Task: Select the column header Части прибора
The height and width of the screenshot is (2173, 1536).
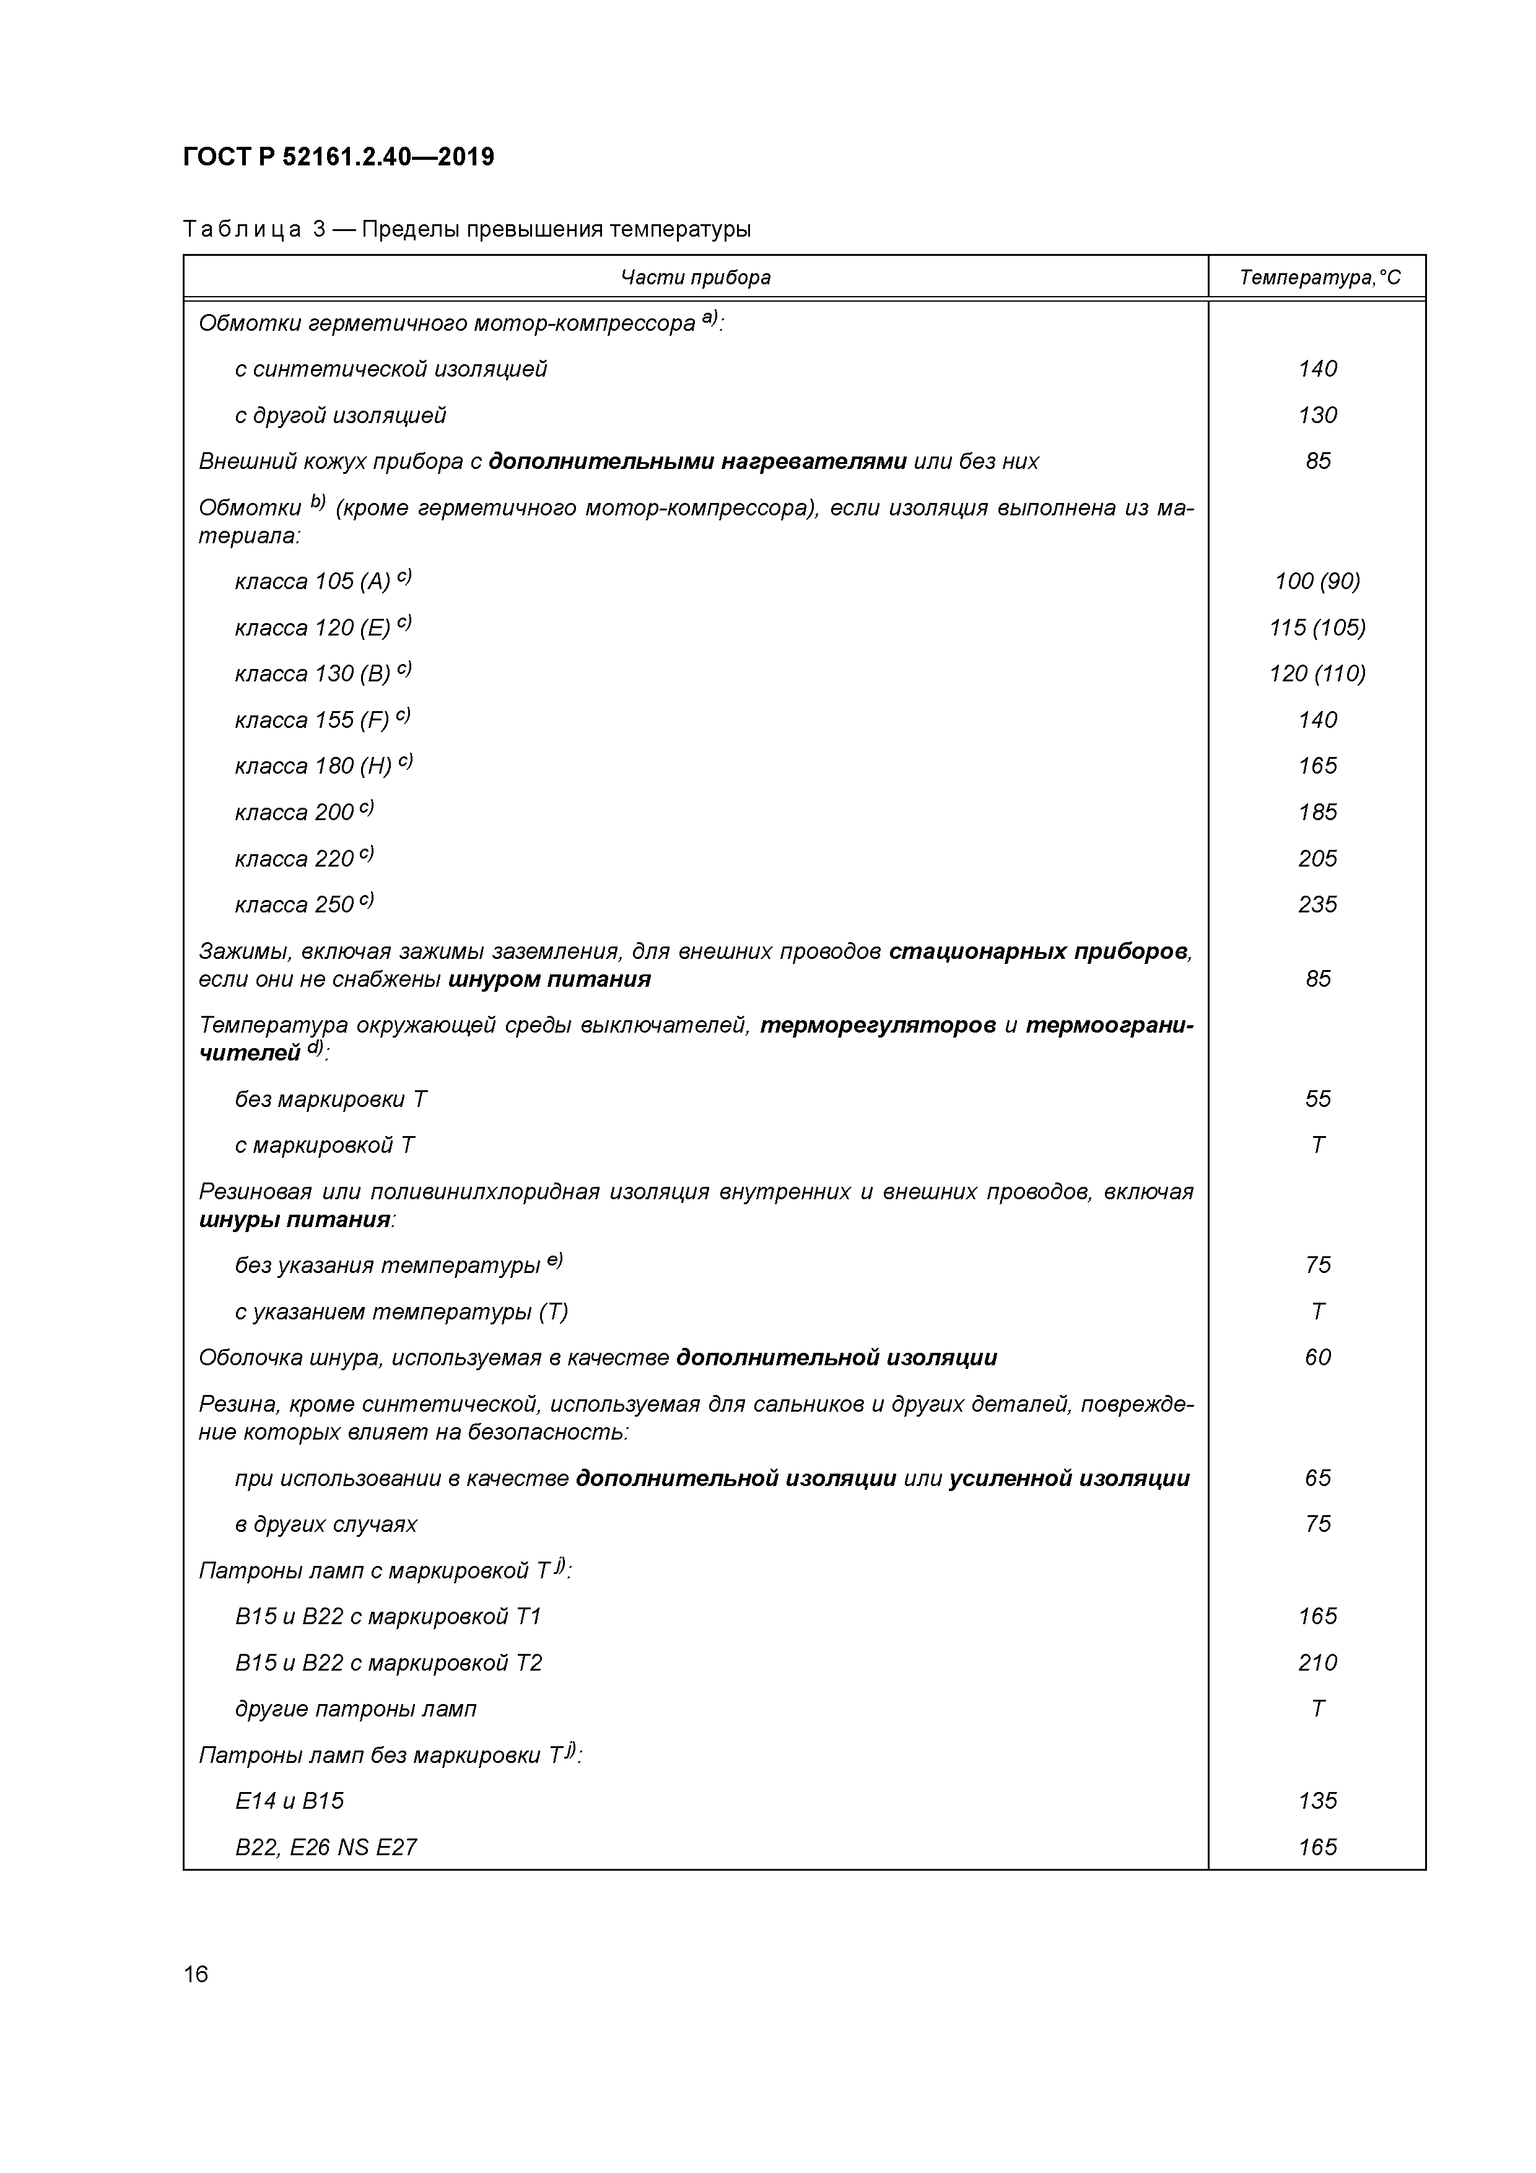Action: [696, 278]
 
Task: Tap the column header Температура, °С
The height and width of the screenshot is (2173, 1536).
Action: [1319, 278]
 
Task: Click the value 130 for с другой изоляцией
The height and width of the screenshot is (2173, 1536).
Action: [1317, 414]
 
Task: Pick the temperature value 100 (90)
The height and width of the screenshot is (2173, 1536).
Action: [1317, 581]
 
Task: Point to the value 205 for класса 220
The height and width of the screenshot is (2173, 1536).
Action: [1317, 859]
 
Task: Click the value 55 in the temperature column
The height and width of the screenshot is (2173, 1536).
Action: [1317, 1099]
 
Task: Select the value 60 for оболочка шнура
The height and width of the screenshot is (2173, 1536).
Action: [1317, 1357]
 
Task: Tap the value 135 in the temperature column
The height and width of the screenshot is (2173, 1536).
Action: [1317, 1801]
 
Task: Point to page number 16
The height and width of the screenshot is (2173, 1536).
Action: [196, 1974]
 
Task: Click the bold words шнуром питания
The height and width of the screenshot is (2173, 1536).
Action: [549, 979]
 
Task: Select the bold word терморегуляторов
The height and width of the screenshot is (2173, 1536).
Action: [877, 1026]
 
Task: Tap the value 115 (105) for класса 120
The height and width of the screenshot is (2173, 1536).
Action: [1317, 627]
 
